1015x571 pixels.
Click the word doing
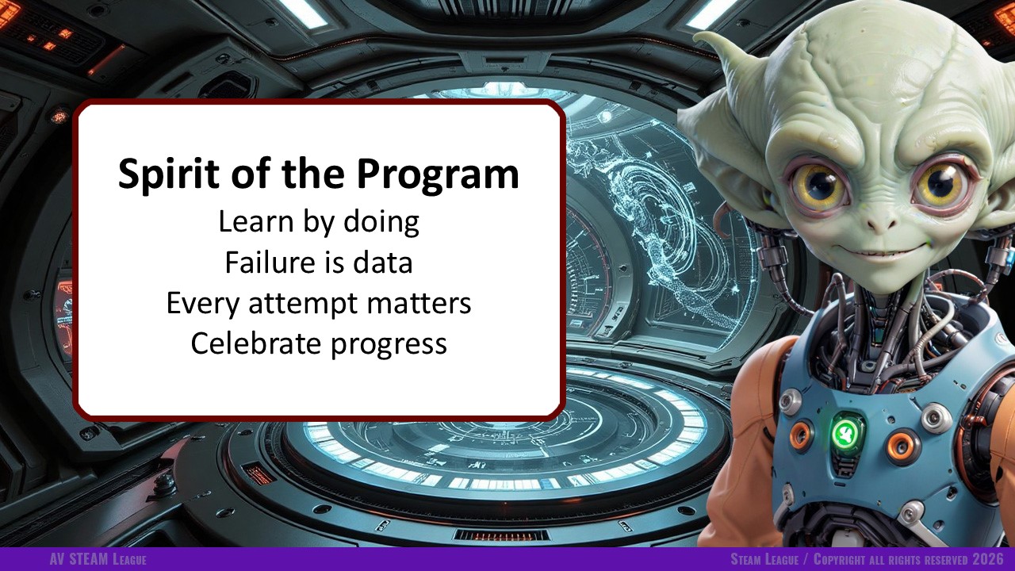[381, 222]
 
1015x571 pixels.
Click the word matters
[419, 303]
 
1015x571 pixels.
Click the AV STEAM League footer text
[98, 559]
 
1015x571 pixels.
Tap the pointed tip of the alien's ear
[696, 34]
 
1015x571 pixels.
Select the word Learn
[256, 221]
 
